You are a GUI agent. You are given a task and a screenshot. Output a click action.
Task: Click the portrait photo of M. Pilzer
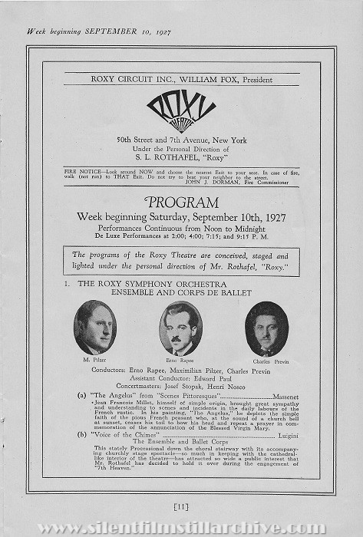(x=95, y=328)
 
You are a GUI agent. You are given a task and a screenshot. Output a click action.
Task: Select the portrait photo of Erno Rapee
(x=180, y=328)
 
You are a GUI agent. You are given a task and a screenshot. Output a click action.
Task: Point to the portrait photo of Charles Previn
(x=266, y=328)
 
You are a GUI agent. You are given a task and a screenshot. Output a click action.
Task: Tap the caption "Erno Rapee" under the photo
(x=180, y=359)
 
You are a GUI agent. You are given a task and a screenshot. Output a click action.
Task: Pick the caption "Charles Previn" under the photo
(x=266, y=359)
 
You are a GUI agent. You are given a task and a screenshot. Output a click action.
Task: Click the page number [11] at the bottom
(x=181, y=505)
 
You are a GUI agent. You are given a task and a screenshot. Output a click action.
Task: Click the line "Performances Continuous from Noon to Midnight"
(x=181, y=229)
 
